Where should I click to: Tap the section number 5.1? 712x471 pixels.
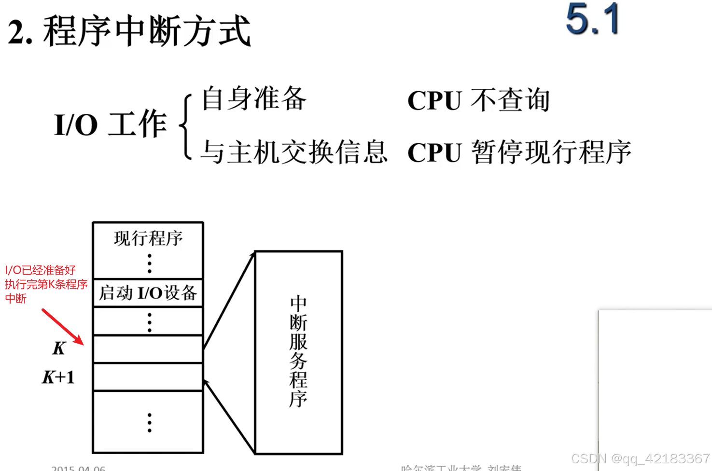pos(592,19)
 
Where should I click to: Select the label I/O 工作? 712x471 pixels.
pos(111,124)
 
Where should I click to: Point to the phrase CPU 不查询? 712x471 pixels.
pos(478,100)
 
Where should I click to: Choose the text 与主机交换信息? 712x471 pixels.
pos(293,152)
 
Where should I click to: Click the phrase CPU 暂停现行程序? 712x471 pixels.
pos(519,152)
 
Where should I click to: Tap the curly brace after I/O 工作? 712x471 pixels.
pos(186,126)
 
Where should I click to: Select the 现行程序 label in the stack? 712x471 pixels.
pos(148,238)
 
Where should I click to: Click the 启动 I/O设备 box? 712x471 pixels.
pos(148,292)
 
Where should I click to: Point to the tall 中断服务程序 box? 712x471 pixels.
pos(299,352)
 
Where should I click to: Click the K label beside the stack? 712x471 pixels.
pos(59,348)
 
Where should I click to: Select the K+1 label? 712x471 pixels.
pos(58,377)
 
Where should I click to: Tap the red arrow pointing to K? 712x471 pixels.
pos(63,327)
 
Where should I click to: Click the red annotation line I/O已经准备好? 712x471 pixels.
pos(41,270)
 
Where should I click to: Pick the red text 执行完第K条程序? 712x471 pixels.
pos(46,284)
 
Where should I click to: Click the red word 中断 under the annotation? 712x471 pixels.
pos(16,299)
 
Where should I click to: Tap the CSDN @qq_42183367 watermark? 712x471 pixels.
pos(640,458)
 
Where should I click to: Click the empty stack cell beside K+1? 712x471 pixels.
pos(148,377)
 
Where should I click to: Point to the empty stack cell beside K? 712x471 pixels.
pos(148,349)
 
